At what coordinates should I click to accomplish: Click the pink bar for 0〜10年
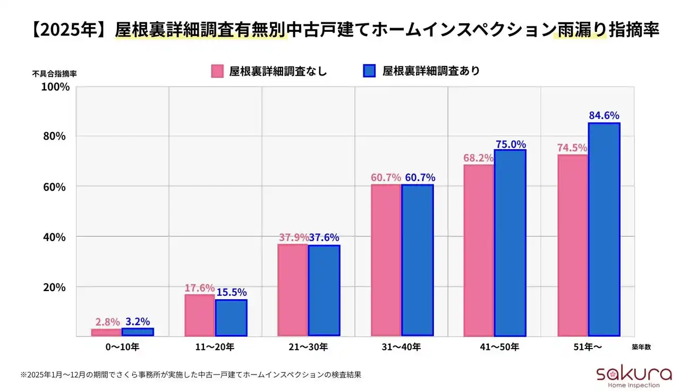tap(106, 333)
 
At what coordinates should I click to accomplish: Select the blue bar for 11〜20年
tap(231, 318)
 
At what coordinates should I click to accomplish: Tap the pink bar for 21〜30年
tap(293, 290)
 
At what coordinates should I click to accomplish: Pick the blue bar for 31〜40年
tap(418, 260)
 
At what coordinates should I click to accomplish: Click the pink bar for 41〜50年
tap(479, 250)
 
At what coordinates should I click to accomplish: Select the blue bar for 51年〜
tap(604, 229)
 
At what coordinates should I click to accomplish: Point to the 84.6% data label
tap(604, 115)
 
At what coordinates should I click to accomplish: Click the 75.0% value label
tap(511, 144)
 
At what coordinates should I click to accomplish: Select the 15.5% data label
tap(232, 292)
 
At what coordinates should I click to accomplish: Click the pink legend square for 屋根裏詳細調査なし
tap(217, 71)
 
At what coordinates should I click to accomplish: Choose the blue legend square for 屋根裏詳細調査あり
tap(369, 71)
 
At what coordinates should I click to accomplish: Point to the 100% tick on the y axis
tap(55, 87)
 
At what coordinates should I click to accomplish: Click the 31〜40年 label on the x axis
tap(402, 347)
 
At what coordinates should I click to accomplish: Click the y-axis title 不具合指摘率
tap(54, 74)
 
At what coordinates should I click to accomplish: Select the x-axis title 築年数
tap(641, 346)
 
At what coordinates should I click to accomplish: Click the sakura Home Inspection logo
tap(627, 376)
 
